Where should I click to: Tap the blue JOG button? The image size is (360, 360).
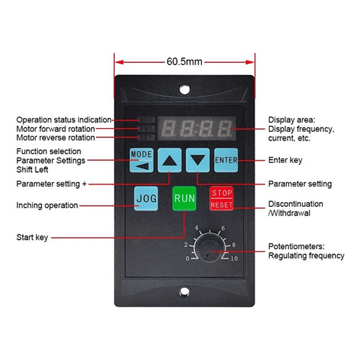pyautogui.click(x=146, y=199)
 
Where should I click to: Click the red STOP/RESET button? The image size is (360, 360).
pyautogui.click(x=221, y=199)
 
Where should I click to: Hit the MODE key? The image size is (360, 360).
pyautogui.click(x=142, y=160)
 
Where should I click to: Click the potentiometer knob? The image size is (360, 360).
pyautogui.click(x=208, y=249)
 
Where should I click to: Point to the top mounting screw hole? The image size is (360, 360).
pyautogui.click(x=185, y=89)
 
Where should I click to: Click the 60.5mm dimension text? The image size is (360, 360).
pyautogui.click(x=184, y=62)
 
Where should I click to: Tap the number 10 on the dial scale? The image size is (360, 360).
pyautogui.click(x=234, y=259)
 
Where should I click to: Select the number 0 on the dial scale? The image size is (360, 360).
pyautogui.click(x=188, y=259)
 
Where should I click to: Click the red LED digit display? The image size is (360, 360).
pyautogui.click(x=197, y=129)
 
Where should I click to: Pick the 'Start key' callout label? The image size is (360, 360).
pyautogui.click(x=32, y=237)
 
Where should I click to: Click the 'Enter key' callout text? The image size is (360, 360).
pyautogui.click(x=285, y=160)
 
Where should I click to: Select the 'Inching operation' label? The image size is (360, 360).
pyautogui.click(x=47, y=205)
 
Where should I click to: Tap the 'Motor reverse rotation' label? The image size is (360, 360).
pyautogui.click(x=56, y=138)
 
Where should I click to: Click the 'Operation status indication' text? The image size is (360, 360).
pyautogui.click(x=64, y=120)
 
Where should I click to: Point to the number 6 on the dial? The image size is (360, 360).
pyautogui.click(x=223, y=228)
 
